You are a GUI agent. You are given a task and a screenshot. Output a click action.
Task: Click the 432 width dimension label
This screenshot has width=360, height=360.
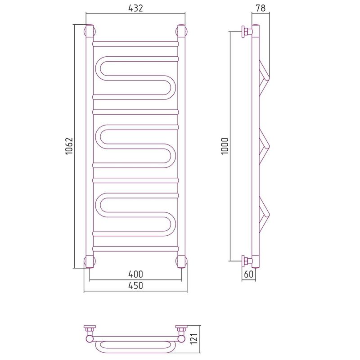(x=135, y=8)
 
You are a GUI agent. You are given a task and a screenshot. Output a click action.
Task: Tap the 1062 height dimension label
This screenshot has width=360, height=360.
(x=69, y=146)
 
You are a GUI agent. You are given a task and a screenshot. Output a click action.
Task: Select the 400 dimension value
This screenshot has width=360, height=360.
(x=135, y=274)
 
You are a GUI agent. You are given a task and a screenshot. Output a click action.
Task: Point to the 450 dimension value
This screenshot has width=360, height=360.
(x=135, y=286)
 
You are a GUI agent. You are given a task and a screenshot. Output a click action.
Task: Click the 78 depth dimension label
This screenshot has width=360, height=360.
(x=261, y=8)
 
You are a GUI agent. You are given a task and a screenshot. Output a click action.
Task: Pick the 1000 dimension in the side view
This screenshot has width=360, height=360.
(x=225, y=146)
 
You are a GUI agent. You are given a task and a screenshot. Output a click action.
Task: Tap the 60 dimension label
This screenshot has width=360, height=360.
(x=249, y=274)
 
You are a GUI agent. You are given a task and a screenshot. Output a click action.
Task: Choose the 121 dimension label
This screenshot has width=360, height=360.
(x=194, y=339)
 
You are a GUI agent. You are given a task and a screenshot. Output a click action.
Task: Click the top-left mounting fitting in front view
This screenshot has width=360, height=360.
(x=90, y=31)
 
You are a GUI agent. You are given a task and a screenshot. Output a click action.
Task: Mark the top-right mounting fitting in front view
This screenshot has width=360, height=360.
(x=181, y=31)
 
